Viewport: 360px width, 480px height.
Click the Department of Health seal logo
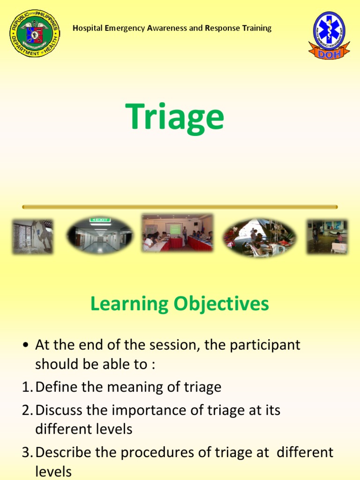(x=34, y=33)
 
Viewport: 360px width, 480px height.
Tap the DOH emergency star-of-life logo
(x=329, y=34)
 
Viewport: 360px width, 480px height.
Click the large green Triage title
(x=174, y=117)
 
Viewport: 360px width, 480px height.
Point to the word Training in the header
(x=255, y=29)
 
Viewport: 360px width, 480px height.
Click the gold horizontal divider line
(x=180, y=207)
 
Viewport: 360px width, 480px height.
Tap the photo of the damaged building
(x=32, y=237)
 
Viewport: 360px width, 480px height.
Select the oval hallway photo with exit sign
(x=99, y=235)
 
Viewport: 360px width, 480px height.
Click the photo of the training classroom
(x=177, y=233)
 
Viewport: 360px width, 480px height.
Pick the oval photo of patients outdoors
(x=259, y=237)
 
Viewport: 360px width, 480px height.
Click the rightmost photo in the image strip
(x=327, y=237)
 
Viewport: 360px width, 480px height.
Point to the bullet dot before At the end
(x=26, y=346)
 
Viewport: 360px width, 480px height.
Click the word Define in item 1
(x=55, y=387)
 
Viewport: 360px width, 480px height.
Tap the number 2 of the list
(x=26, y=411)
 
